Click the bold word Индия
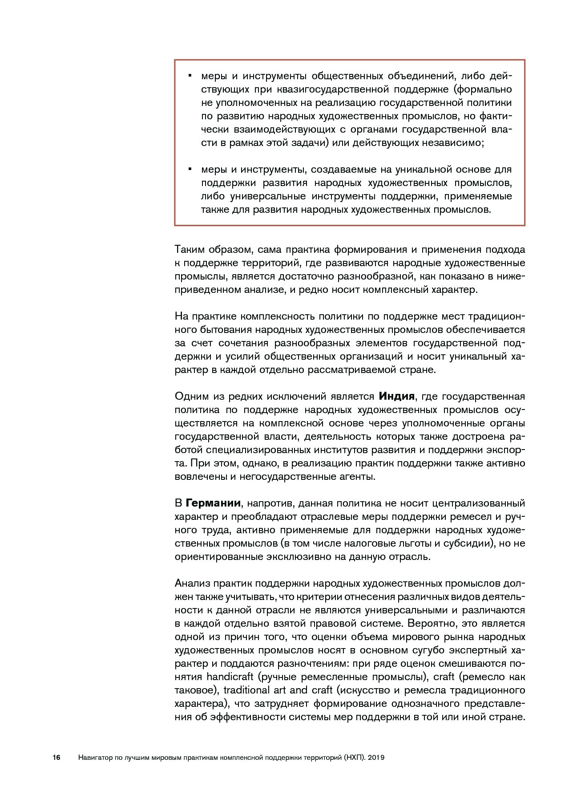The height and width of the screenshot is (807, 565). [396, 396]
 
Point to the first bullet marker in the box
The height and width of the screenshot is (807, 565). [190, 75]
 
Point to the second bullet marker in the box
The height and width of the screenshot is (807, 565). [190, 169]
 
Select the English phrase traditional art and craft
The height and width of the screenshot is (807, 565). [278, 690]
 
